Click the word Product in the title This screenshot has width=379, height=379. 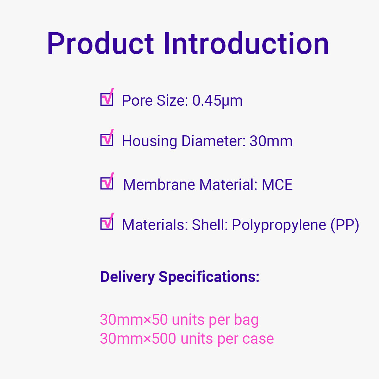coord(100,44)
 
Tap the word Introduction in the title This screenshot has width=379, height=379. coord(246,44)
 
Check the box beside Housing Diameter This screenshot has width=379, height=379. coord(107,138)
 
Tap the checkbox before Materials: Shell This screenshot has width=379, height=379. coord(107,221)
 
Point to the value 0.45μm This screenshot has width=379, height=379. coord(217,101)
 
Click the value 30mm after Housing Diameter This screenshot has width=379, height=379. coord(271,141)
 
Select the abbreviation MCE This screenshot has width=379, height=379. coord(277,185)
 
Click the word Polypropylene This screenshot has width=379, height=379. coord(279,225)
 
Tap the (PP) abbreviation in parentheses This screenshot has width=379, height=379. coord(345,225)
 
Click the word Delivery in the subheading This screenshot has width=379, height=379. coord(127,277)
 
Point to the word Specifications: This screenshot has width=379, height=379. coord(209,277)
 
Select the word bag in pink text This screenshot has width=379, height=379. coord(246,320)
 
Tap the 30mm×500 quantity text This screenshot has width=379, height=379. coord(138,338)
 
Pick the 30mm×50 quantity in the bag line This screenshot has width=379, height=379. coord(134,319)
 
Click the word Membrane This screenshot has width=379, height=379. coord(159,185)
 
